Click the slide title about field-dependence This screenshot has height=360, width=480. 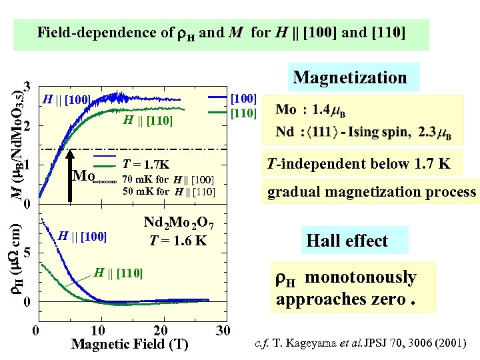[221, 32]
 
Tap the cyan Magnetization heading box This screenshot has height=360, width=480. [350, 77]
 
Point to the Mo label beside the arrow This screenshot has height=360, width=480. [83, 176]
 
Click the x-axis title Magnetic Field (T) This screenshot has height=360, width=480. [130, 345]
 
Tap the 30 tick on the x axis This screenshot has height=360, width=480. [223, 331]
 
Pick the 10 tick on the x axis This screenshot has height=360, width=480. [97, 331]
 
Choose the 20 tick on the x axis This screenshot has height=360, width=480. [160, 331]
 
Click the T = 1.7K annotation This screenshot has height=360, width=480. [147, 165]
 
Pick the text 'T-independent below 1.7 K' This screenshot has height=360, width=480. [359, 164]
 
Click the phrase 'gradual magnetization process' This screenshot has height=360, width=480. [371, 193]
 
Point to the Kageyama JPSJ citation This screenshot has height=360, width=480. [361, 345]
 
